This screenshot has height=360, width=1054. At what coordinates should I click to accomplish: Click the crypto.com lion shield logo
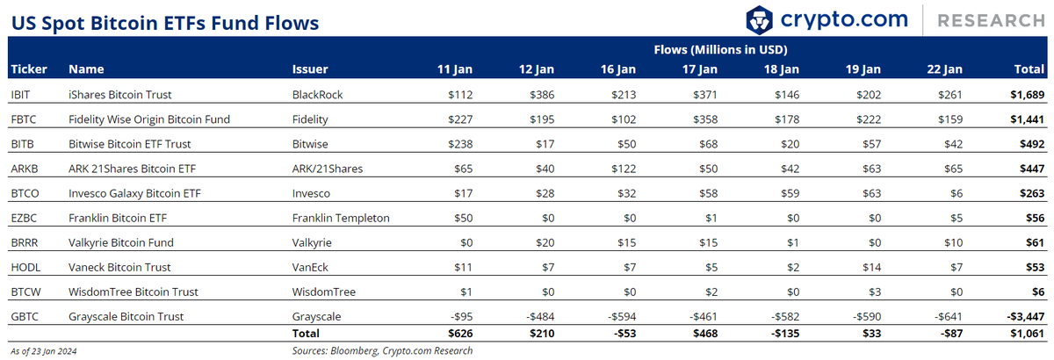(759, 20)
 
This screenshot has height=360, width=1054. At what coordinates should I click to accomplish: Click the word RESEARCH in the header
(991, 21)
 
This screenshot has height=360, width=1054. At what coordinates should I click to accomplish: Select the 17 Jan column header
(700, 69)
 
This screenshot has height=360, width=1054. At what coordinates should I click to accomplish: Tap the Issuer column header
(309, 69)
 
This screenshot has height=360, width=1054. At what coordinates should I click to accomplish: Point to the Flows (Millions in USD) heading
(720, 50)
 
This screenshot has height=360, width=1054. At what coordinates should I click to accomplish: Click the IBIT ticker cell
(20, 95)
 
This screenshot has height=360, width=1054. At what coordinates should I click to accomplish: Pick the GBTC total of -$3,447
(1025, 316)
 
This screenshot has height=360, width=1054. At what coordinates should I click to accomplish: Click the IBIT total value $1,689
(1027, 95)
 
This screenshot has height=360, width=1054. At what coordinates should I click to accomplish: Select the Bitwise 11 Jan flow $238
(460, 144)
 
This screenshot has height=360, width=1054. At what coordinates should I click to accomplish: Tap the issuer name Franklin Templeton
(341, 218)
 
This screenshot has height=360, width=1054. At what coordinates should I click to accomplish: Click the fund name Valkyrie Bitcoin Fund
(121, 243)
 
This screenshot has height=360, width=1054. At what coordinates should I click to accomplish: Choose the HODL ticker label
(25, 267)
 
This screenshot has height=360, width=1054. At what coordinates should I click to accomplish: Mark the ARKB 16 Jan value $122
(624, 169)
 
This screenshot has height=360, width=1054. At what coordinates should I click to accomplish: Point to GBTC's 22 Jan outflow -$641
(948, 316)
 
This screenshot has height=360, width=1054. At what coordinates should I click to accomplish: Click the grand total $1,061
(1027, 333)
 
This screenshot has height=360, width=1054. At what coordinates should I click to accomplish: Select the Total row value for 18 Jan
(785, 333)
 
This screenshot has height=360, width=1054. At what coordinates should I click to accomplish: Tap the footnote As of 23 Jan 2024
(44, 351)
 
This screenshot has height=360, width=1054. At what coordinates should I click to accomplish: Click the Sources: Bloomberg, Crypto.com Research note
(382, 350)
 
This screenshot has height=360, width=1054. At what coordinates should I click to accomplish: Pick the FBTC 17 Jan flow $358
(705, 119)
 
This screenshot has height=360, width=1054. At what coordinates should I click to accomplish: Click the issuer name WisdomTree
(324, 292)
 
